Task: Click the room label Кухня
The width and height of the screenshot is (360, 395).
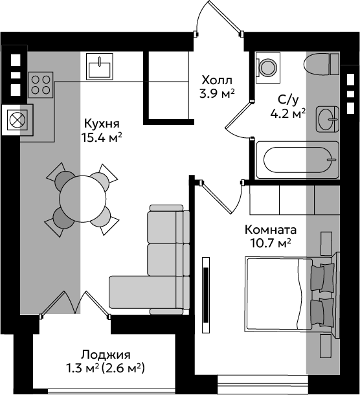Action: click(102, 124)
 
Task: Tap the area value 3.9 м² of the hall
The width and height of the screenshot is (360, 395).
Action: click(217, 94)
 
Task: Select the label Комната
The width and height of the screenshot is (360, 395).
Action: click(271, 230)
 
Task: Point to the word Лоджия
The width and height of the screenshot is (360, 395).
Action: click(106, 356)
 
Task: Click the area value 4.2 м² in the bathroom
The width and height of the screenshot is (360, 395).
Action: click(288, 114)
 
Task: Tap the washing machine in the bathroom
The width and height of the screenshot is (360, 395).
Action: click(268, 67)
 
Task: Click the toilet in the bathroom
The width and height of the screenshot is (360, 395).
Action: click(322, 64)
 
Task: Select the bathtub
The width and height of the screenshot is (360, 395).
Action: click(298, 160)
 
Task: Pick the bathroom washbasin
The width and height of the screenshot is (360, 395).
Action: click(328, 119)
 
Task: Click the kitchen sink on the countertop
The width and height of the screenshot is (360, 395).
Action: click(99, 66)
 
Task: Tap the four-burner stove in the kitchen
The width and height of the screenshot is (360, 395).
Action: click(41, 85)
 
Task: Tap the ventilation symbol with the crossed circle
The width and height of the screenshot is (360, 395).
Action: click(17, 120)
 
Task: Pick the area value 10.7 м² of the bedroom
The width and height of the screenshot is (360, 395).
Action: click(271, 243)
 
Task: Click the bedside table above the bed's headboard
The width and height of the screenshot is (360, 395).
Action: click(326, 243)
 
